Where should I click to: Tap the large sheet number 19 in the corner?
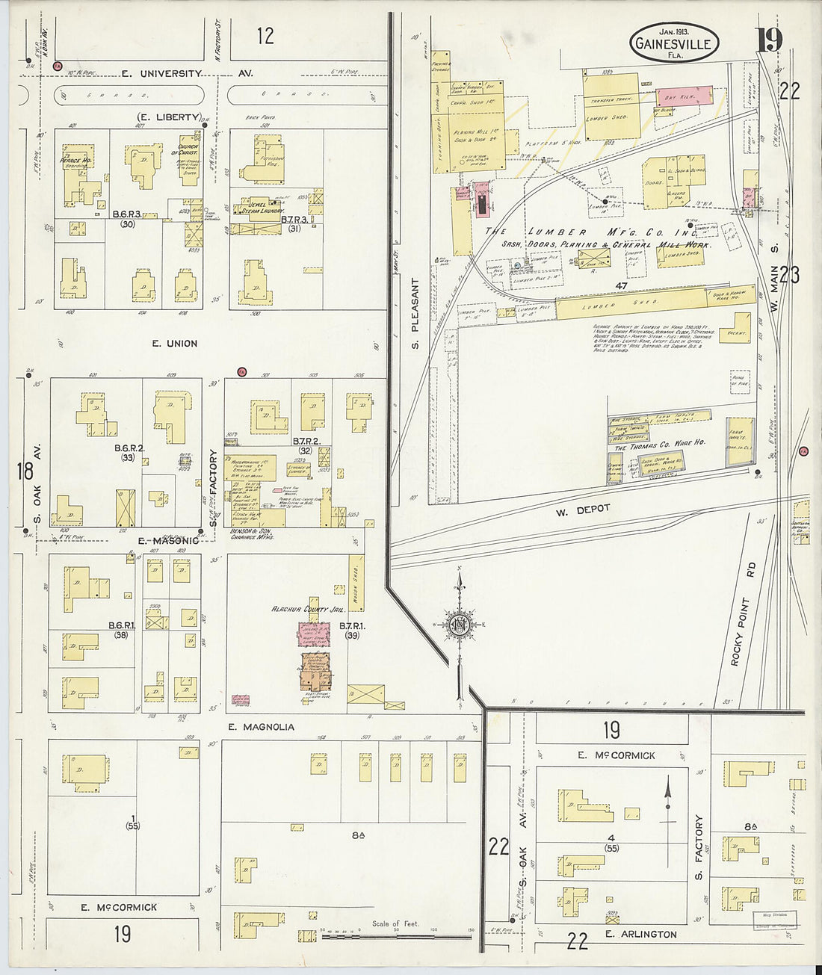768,39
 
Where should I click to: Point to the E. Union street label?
175,344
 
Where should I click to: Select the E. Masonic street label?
168,540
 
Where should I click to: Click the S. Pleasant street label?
417,315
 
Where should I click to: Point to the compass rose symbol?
461,625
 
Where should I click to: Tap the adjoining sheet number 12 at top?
265,35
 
